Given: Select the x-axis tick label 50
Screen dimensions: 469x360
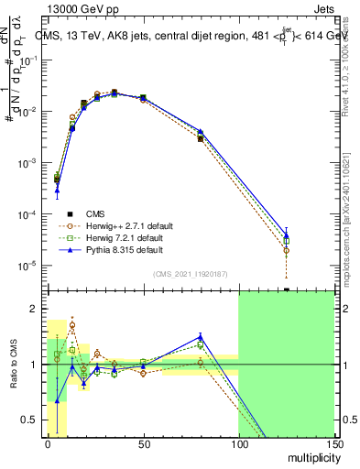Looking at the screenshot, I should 143,444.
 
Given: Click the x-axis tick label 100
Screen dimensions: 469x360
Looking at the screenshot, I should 238,444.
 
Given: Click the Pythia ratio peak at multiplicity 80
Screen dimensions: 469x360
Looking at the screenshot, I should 200,336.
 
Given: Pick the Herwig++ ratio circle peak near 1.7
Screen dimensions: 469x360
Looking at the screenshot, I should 72,325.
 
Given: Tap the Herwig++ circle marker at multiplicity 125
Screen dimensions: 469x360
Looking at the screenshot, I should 287,250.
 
